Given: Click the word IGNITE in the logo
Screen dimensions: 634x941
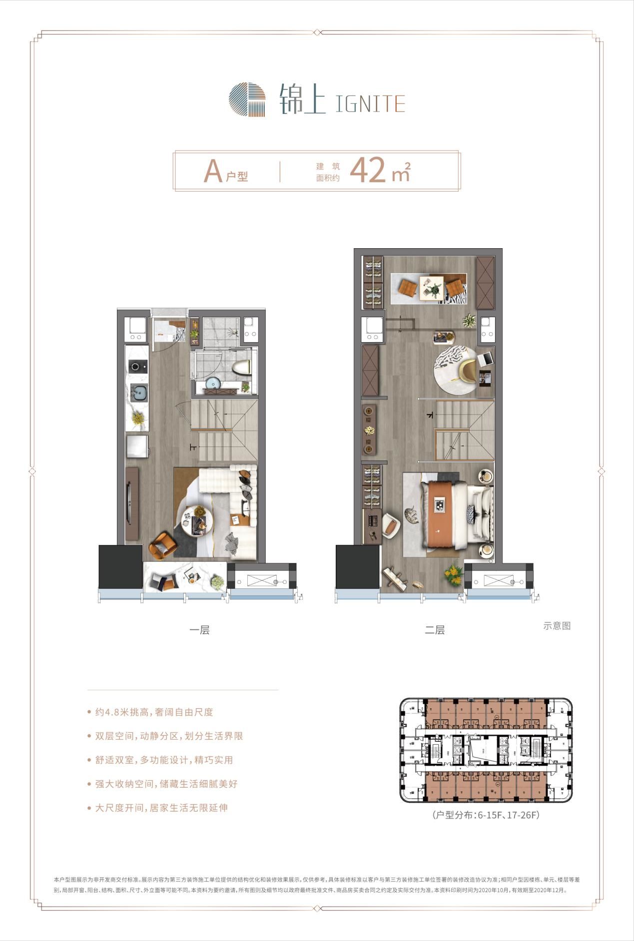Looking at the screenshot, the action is [370, 103].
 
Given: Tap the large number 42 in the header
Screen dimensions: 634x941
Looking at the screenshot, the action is [368, 170].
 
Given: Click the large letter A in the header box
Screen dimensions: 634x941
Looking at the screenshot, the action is [213, 171].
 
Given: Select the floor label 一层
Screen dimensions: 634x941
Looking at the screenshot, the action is [199, 630].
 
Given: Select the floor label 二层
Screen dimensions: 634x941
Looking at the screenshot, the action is [435, 630].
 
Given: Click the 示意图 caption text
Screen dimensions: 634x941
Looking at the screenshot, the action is [557, 625].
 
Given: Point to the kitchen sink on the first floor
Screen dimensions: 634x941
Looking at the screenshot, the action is [138, 392].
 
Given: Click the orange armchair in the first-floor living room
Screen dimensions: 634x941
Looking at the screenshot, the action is [163, 545].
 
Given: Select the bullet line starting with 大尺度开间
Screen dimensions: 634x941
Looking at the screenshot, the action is [158, 808].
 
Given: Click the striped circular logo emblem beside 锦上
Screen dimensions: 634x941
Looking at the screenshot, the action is [247, 100].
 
